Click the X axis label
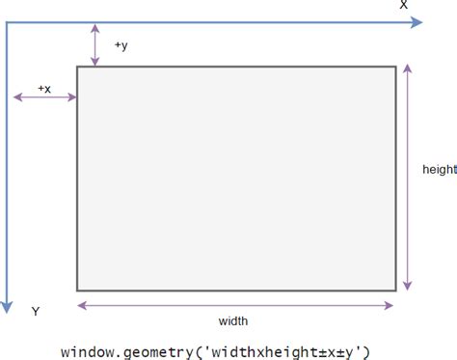pyautogui.click(x=404, y=6)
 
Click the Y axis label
pyautogui.click(x=35, y=312)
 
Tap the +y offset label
pyautogui.click(x=121, y=45)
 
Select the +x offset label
pyautogui.click(x=44, y=87)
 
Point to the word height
pyautogui.click(x=439, y=169)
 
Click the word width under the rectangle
pyautogui.click(x=235, y=321)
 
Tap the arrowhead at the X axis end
pyautogui.click(x=417, y=23)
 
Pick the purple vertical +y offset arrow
pyautogui.click(x=94, y=44)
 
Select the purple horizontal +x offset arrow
pyautogui.click(x=44, y=97)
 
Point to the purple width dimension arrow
pyautogui.click(x=235, y=306)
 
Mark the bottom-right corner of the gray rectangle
pyautogui.click(x=394, y=290)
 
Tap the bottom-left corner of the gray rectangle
pyautogui.click(x=78, y=290)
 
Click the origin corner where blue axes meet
pyautogui.click(x=8, y=23)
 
